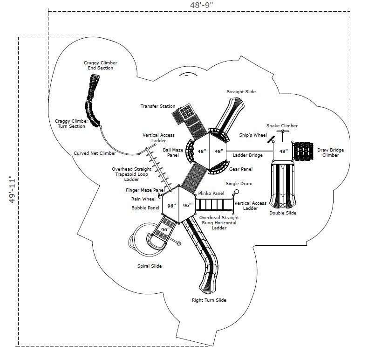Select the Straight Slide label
(x=241, y=92)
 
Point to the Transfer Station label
(x=158, y=106)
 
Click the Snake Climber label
(x=282, y=126)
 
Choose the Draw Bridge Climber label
(x=331, y=152)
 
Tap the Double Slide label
(x=282, y=213)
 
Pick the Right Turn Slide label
(x=209, y=300)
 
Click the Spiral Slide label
(x=152, y=266)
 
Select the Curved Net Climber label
(x=95, y=153)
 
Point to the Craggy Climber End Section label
(x=100, y=65)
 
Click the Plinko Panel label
(x=211, y=193)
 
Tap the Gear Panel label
(x=241, y=169)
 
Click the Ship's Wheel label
(x=253, y=135)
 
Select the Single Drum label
(x=239, y=184)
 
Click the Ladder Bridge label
(x=248, y=155)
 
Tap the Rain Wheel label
(x=143, y=199)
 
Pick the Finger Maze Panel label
(x=145, y=190)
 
